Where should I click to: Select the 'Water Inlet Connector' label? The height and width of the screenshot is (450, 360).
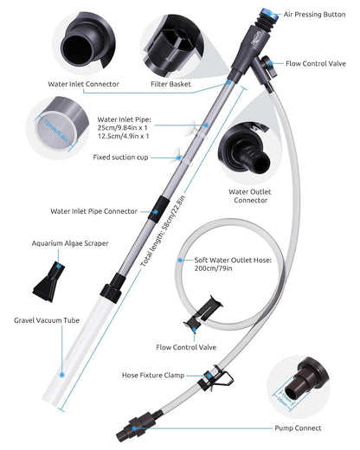tap(84, 84)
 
